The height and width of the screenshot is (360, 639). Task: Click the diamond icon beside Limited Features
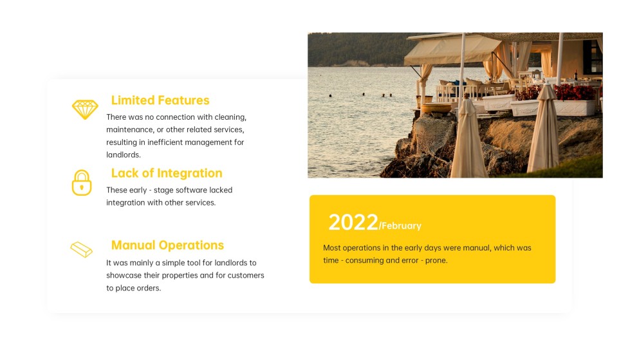[x=85, y=109]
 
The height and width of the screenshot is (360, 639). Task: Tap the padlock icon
[x=82, y=183]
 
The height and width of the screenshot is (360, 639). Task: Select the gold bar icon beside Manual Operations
[x=82, y=249]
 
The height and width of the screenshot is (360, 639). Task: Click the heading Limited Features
[x=160, y=100]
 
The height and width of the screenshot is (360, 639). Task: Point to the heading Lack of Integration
[x=167, y=173]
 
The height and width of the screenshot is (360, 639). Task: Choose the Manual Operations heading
[x=167, y=245]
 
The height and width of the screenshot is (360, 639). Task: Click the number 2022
[x=353, y=223]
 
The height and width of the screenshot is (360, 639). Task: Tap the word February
[x=402, y=226]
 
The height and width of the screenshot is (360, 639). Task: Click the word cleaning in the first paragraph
[x=230, y=117]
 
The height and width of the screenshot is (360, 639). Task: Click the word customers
[x=246, y=276]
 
